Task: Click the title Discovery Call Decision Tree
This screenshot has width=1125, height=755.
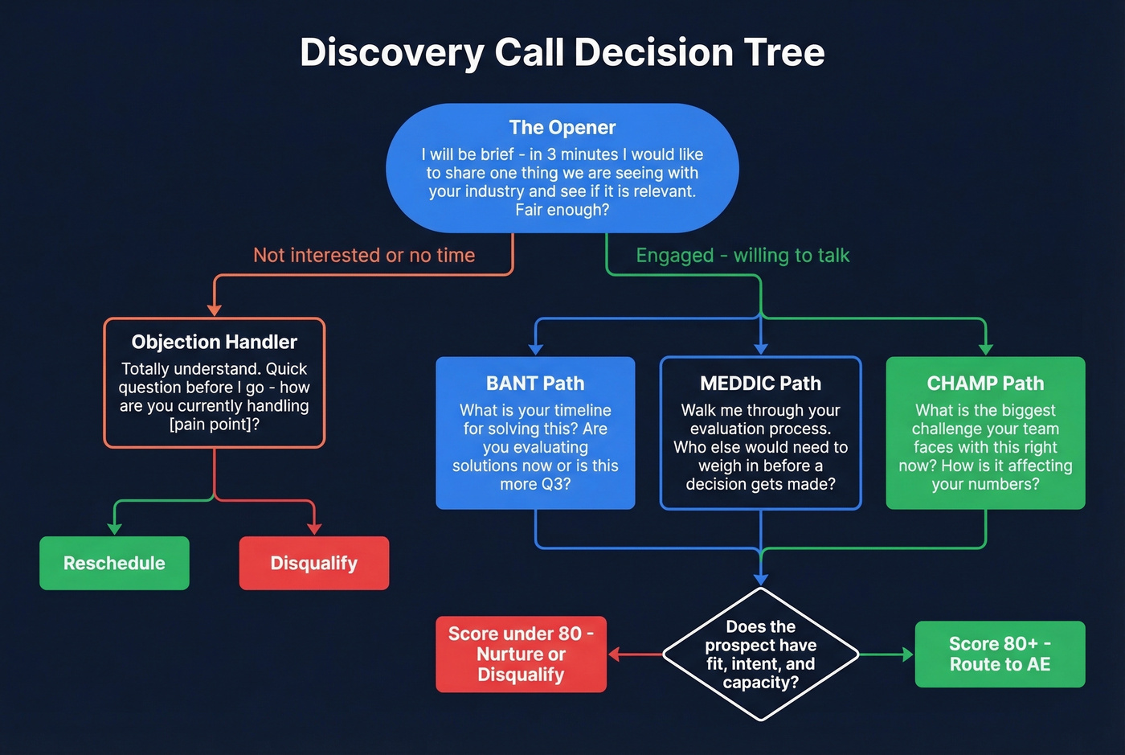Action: coord(562,52)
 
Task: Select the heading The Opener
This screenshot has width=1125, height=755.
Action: coord(562,128)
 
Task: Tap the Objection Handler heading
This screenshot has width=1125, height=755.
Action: coord(215,342)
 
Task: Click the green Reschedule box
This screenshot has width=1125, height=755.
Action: coord(114,563)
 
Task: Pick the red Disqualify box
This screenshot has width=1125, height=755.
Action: coord(313,563)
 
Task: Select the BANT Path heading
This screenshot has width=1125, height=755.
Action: coord(535,384)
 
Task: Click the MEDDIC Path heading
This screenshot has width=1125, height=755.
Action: coord(760,384)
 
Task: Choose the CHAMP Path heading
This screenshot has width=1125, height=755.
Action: coord(985,384)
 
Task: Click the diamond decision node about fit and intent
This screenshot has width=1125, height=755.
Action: coord(760,654)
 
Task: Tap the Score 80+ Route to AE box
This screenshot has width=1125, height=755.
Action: coord(1000,654)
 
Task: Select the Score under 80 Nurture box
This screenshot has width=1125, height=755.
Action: coord(521,654)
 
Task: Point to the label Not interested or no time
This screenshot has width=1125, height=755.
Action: coord(364,256)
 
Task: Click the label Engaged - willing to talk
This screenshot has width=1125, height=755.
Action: coord(742,256)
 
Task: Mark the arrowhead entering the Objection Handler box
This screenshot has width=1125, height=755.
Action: coord(215,310)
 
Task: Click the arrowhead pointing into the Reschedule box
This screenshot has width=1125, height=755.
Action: coord(114,528)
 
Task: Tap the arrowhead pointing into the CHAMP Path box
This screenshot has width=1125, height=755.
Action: coord(985,349)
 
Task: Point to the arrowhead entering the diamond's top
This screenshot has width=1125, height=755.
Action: coord(760,579)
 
